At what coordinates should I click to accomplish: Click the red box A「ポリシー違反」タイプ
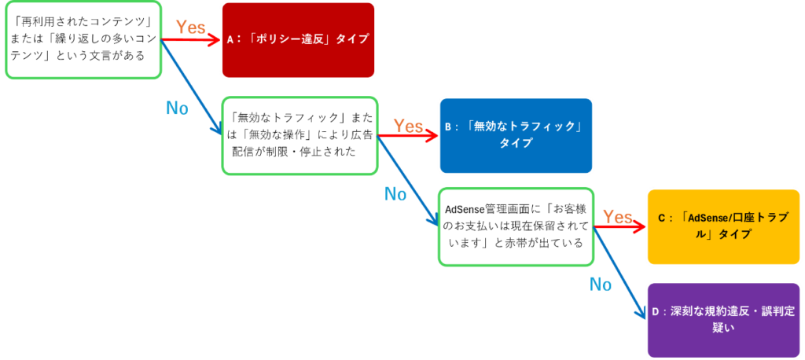pyautogui.click(x=297, y=39)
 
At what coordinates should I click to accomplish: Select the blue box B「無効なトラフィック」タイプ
pyautogui.click(x=515, y=134)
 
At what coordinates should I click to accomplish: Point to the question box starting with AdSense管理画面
pyautogui.click(x=515, y=226)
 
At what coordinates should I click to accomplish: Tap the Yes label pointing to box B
pyautogui.click(x=408, y=125)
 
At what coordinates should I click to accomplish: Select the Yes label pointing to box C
pyautogui.click(x=618, y=216)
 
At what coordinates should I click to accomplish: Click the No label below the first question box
pyautogui.click(x=177, y=108)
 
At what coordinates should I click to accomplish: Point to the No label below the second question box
pyautogui.click(x=395, y=194)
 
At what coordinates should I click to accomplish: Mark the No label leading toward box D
pyautogui.click(x=601, y=285)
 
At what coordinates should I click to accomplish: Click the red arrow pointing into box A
pyautogui.click(x=193, y=39)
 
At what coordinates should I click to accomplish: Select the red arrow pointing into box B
pyautogui.click(x=409, y=137)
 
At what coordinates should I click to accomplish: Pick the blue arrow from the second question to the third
pyautogui.click(x=409, y=181)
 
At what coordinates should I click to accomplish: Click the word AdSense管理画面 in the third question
pyautogui.click(x=476, y=210)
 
